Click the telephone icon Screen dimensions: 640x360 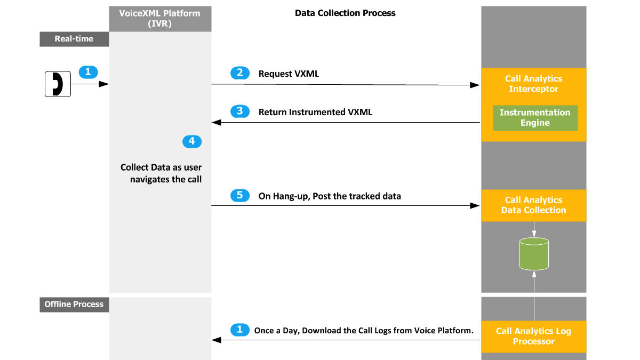pos(58,84)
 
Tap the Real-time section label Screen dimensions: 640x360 pos(74,39)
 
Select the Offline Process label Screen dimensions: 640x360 pos(74,305)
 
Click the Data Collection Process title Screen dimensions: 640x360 pos(345,13)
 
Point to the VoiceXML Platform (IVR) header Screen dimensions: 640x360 pos(160,19)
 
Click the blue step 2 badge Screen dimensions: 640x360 pos(240,73)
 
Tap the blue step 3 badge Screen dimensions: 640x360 pos(240,111)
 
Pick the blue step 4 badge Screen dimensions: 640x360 pos(192,141)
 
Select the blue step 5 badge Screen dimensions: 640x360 pos(240,195)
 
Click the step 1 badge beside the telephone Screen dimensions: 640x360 pos(89,72)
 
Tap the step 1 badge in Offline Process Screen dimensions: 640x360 pos(240,330)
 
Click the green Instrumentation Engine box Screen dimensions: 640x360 pos(535,118)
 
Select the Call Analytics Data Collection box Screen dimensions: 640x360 pos(534,205)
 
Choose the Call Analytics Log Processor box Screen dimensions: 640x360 pos(534,337)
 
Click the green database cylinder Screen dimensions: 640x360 pos(534,254)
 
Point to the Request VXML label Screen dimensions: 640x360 pos(289,74)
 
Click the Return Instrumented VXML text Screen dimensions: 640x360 pos(315,112)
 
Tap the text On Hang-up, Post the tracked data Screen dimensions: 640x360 pos(330,196)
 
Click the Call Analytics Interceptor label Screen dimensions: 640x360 pos(534,84)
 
